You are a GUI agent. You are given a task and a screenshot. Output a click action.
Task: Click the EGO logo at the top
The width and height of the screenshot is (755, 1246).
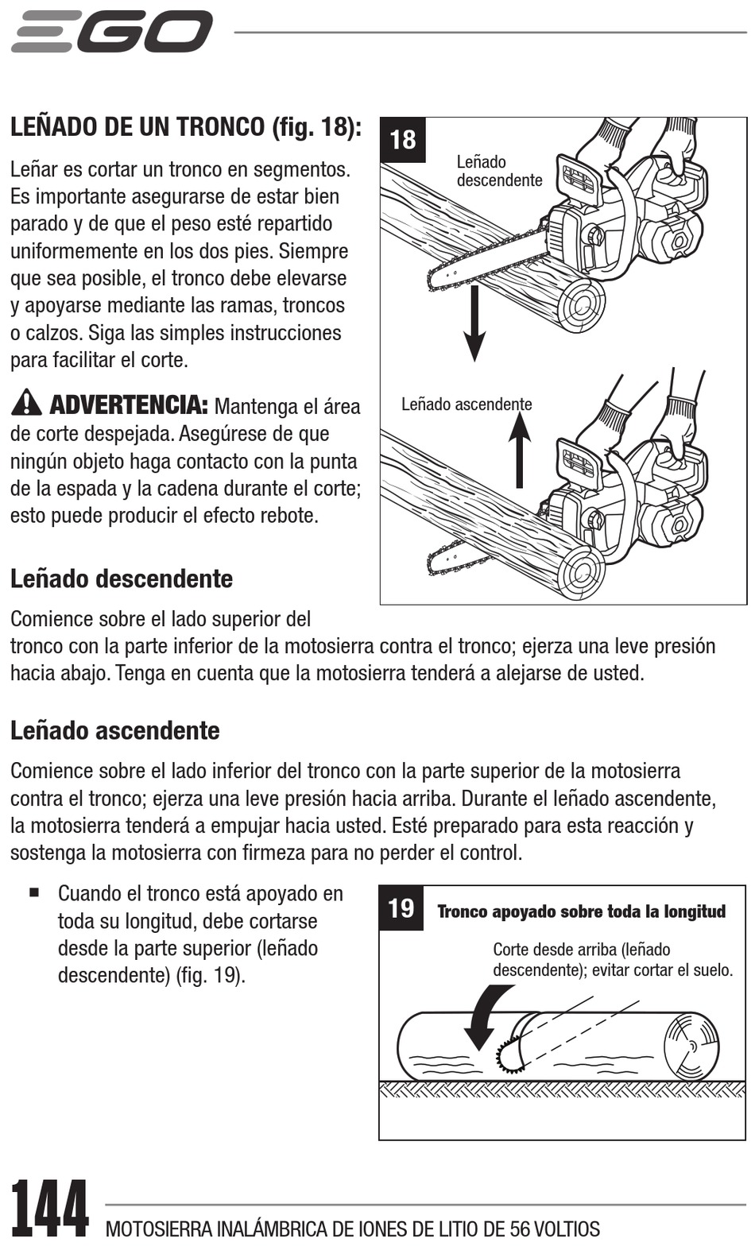[112, 32]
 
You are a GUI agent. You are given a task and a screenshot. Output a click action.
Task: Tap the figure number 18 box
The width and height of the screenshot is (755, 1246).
[403, 140]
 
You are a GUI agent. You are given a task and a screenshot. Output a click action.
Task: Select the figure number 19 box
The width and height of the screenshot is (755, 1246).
[401, 907]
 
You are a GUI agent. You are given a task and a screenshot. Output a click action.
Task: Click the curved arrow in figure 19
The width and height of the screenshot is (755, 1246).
[484, 1016]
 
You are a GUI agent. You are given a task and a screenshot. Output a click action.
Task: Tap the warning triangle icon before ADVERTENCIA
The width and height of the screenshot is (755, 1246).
[27, 403]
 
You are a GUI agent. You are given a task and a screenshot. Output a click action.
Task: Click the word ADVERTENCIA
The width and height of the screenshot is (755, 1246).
[129, 404]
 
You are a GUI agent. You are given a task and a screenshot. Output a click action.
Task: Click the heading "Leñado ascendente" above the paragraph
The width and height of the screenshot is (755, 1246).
[115, 730]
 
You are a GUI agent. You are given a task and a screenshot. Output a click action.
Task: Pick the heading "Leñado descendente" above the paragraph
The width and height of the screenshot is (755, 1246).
[122, 578]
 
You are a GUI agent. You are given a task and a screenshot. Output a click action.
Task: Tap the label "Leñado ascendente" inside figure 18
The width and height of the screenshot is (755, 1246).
[467, 404]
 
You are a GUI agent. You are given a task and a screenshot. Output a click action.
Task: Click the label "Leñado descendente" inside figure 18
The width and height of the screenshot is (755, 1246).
[499, 171]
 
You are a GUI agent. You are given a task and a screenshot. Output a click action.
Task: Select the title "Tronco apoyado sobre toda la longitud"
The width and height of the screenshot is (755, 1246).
[582, 911]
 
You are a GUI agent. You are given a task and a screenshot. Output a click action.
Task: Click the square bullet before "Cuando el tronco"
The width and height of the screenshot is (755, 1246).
[34, 892]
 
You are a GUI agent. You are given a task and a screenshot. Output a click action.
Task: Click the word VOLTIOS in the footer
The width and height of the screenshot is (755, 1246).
[567, 1229]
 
